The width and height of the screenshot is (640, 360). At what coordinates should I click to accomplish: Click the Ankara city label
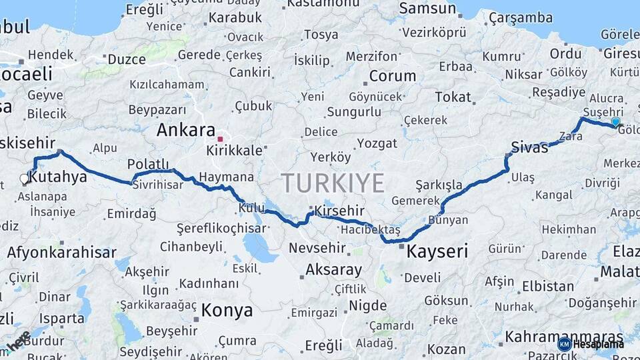coord(185,130)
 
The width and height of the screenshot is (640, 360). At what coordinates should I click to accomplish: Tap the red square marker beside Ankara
coord(220,139)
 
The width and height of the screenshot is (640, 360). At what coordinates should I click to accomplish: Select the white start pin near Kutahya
coord(25,179)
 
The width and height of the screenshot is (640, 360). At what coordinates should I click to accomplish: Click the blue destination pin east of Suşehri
coord(615,122)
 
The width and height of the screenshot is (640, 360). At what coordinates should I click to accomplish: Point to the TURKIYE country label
coord(333,183)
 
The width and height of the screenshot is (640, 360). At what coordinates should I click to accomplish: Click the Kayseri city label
coord(437,251)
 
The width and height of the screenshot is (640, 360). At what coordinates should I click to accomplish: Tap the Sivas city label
coord(529,147)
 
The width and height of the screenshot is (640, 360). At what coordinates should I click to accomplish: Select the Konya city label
coord(227,310)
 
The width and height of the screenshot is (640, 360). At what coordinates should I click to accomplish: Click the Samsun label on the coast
coord(427,9)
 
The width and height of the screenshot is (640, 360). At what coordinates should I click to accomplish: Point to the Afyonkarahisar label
coord(61,253)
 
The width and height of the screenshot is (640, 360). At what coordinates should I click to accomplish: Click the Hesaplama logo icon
coord(564,344)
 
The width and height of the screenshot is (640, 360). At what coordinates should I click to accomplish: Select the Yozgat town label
coord(377,143)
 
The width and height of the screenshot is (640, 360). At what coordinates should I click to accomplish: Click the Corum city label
coord(393,76)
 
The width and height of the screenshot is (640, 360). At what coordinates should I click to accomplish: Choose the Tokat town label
coord(453,97)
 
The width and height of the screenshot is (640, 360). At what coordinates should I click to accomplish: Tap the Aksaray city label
coord(333,270)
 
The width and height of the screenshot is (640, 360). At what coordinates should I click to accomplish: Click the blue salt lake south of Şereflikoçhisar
coord(259,249)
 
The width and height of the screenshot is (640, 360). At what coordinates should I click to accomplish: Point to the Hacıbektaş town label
coord(369,229)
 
